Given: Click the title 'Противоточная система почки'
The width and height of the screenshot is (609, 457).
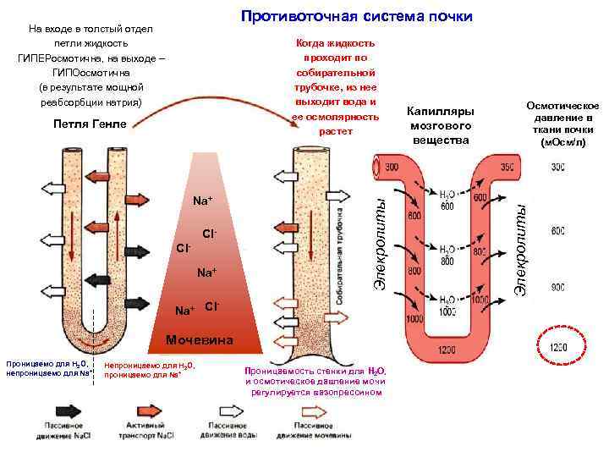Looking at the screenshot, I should pos(356,17).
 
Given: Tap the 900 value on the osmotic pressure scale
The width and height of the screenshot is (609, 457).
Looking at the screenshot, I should pos(558,288).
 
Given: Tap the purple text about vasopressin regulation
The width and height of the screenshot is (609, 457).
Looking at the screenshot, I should pos(315,382).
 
